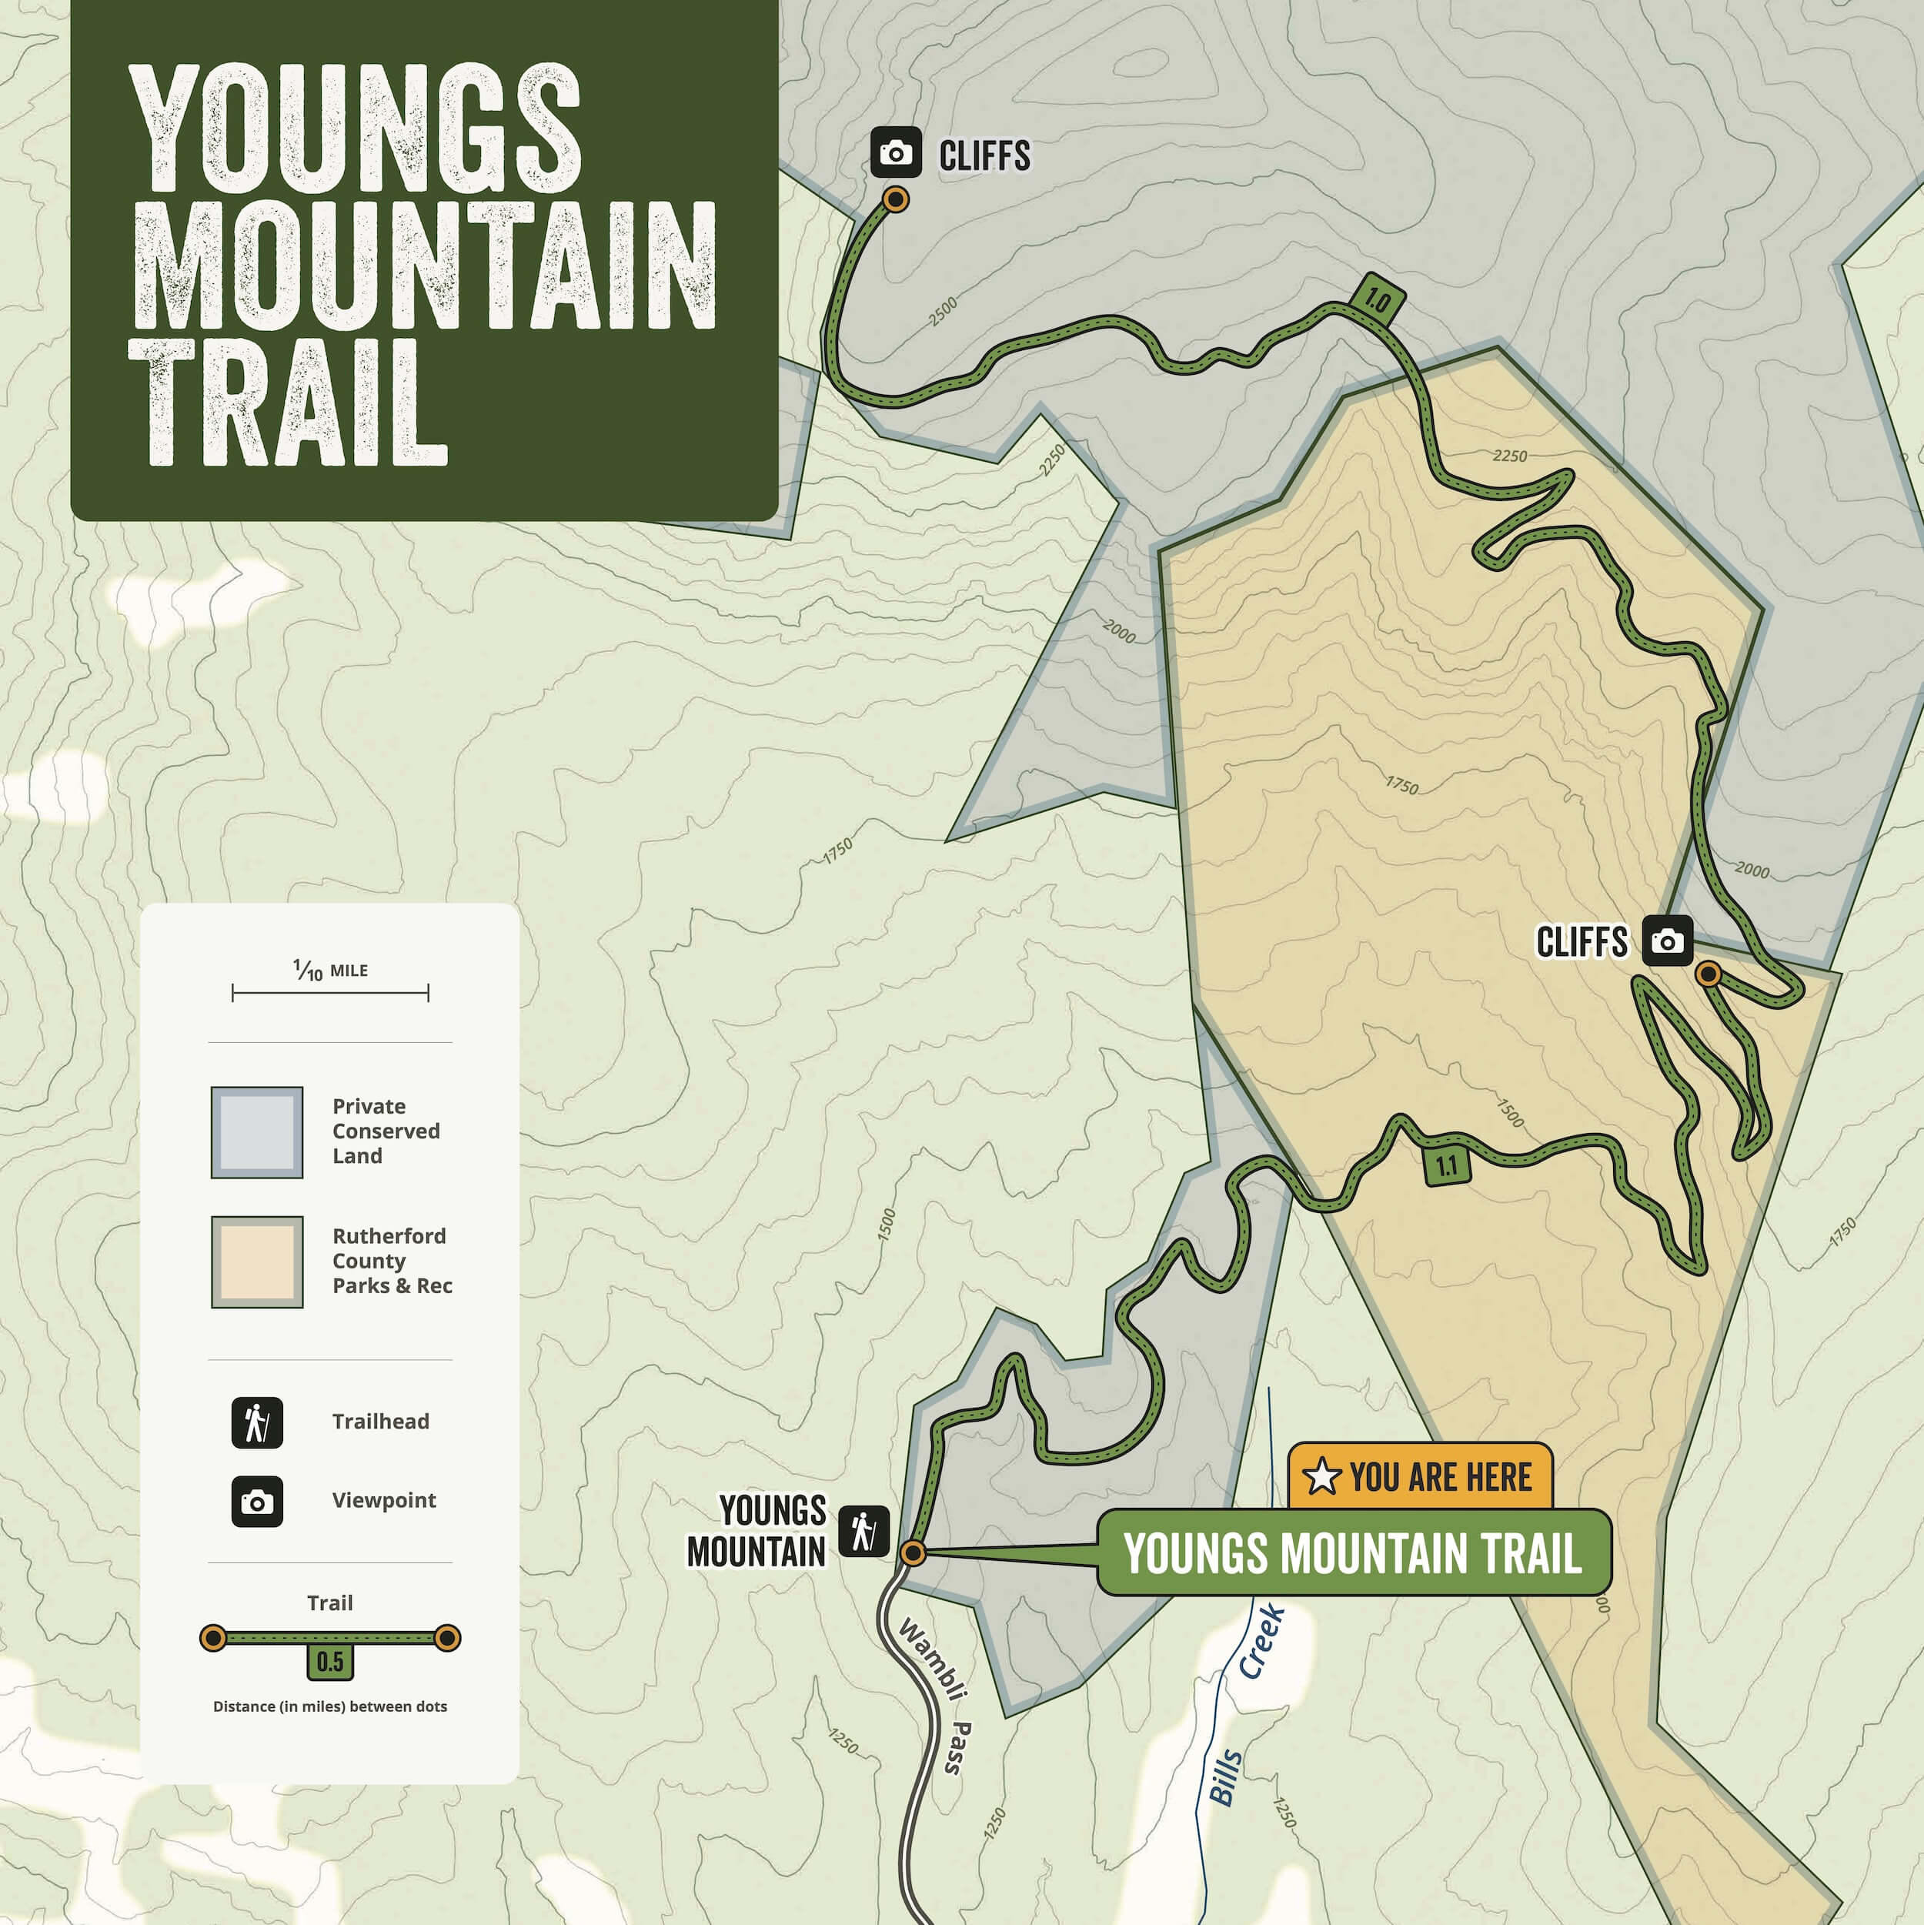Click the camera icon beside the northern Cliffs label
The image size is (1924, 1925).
click(x=896, y=152)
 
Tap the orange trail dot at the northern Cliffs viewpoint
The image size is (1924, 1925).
click(x=896, y=200)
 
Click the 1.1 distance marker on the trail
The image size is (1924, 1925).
click(x=1447, y=1166)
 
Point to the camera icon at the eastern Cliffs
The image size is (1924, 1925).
click(x=1667, y=941)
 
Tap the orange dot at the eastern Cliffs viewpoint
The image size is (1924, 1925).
click(x=1708, y=974)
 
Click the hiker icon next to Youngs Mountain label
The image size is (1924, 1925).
click(x=863, y=1529)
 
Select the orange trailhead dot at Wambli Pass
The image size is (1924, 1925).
click(x=913, y=1552)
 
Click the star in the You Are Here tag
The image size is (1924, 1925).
click(x=1321, y=1476)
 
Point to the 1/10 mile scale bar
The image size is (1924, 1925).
click(x=330, y=992)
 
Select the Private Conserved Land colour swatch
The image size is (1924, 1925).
click(x=257, y=1132)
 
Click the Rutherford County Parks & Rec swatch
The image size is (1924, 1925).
click(x=257, y=1262)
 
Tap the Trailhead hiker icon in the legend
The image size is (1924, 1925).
click(x=257, y=1422)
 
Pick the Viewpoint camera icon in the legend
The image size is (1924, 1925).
click(x=257, y=1502)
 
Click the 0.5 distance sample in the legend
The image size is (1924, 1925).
click(x=330, y=1661)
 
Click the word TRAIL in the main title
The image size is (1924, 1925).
click(x=289, y=403)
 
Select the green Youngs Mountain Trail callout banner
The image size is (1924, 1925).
click(x=1353, y=1552)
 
